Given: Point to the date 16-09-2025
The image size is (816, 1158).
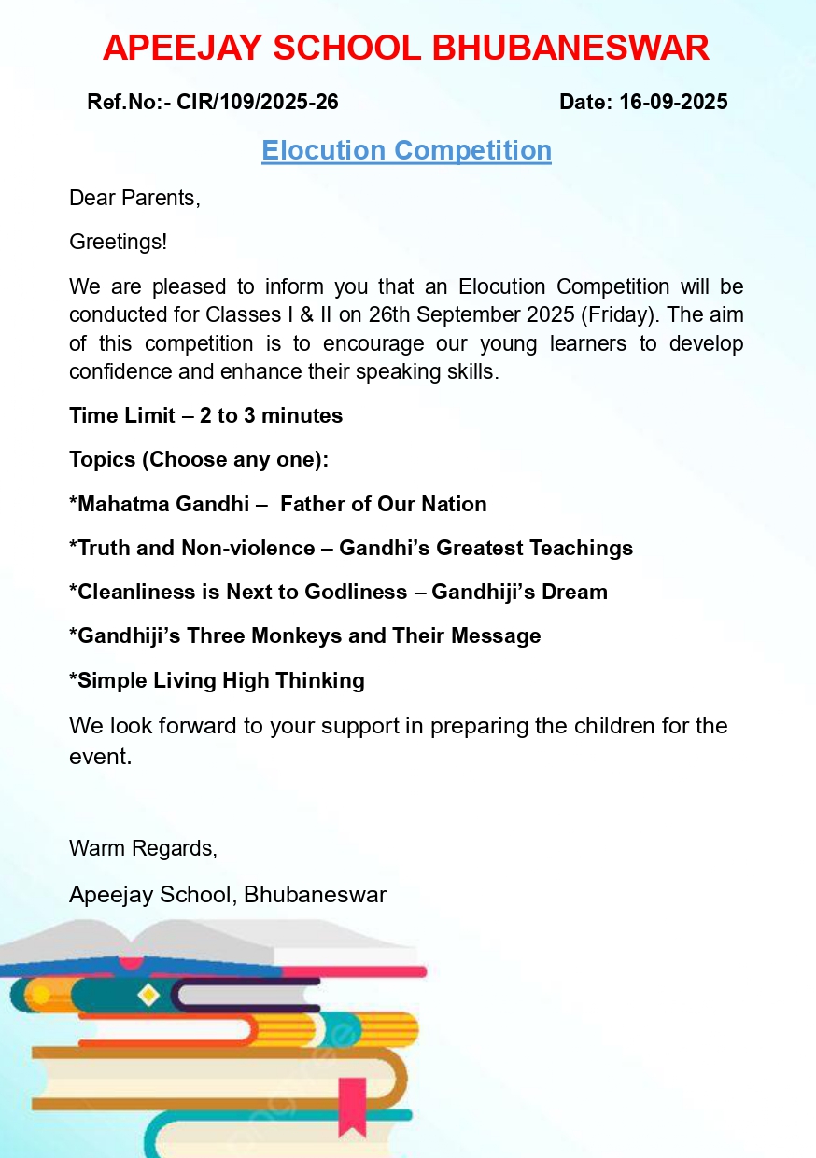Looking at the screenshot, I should pos(673,102).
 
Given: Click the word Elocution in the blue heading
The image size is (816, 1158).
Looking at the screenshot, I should pos(323,150).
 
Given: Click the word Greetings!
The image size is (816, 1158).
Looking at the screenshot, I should pos(119,242).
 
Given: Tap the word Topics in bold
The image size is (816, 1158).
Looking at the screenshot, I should pos(102,459).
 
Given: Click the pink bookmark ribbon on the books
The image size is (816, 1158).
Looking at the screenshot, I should pos(352,1107).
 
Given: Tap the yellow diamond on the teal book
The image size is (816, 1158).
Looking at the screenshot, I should pos(148,996).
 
